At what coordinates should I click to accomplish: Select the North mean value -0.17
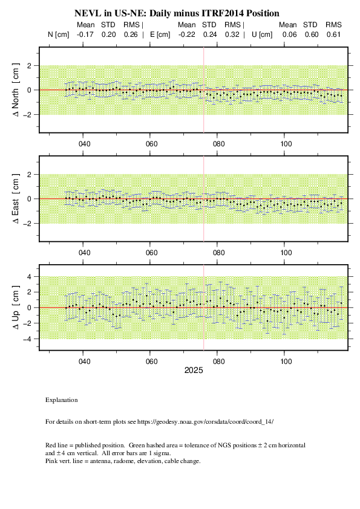pyautogui.click(x=85, y=34)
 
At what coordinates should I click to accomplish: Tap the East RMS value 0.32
pyautogui.click(x=232, y=34)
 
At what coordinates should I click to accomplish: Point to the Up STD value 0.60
pyautogui.click(x=311, y=34)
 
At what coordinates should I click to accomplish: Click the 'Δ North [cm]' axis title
pyautogui.click(x=15, y=90)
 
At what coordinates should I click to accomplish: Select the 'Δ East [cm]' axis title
pyautogui.click(x=15, y=199)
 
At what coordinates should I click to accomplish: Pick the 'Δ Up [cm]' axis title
pyautogui.click(x=15, y=308)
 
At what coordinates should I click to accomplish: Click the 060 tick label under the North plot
pyautogui.click(x=151, y=144)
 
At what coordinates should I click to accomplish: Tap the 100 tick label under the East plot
pyautogui.click(x=286, y=253)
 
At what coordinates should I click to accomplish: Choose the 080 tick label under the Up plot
pyautogui.click(x=218, y=361)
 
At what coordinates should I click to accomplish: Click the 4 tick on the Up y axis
pyautogui.click(x=29, y=277)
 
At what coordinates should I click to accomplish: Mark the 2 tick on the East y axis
pyautogui.click(x=29, y=174)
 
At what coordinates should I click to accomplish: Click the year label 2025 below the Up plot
pyautogui.click(x=194, y=371)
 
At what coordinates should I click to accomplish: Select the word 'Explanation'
pyautogui.click(x=61, y=400)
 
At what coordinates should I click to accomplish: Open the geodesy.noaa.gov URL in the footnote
pyautogui.click(x=205, y=422)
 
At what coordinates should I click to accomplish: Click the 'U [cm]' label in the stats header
pyautogui.click(x=262, y=34)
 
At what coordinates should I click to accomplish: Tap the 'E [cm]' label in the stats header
pyautogui.click(x=160, y=34)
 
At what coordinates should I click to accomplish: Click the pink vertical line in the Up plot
pyautogui.click(x=204, y=308)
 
